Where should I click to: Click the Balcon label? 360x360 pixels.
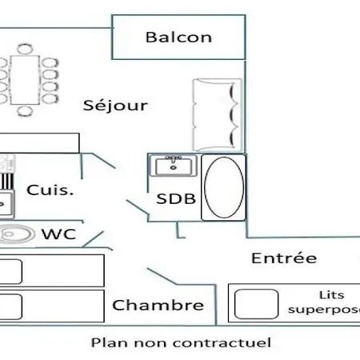(x=178, y=38)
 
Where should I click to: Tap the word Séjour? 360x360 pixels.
(x=115, y=106)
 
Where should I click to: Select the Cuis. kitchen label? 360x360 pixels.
(x=50, y=190)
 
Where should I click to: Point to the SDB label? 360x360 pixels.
(x=176, y=199)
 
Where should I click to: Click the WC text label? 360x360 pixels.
(x=59, y=234)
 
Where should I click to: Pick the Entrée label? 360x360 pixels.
(x=284, y=258)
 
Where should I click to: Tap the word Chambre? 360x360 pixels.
(x=158, y=305)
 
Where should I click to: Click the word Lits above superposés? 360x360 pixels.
(x=332, y=295)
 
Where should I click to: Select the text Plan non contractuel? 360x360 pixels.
(x=181, y=342)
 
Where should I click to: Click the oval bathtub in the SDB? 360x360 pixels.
(x=224, y=187)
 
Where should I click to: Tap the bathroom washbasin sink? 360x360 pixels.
(x=174, y=166)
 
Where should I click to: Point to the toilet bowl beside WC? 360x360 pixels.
(x=17, y=234)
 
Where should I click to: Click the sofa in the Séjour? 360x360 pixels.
(x=218, y=114)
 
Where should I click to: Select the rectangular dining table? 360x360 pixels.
(x=25, y=80)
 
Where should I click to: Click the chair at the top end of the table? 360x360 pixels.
(x=25, y=50)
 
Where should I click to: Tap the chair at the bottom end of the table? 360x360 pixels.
(x=25, y=111)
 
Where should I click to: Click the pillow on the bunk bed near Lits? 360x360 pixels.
(x=256, y=304)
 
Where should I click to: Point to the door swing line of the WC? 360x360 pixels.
(x=93, y=239)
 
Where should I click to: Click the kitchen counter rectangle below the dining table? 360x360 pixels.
(x=39, y=143)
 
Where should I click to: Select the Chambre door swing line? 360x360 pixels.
(x=162, y=277)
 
